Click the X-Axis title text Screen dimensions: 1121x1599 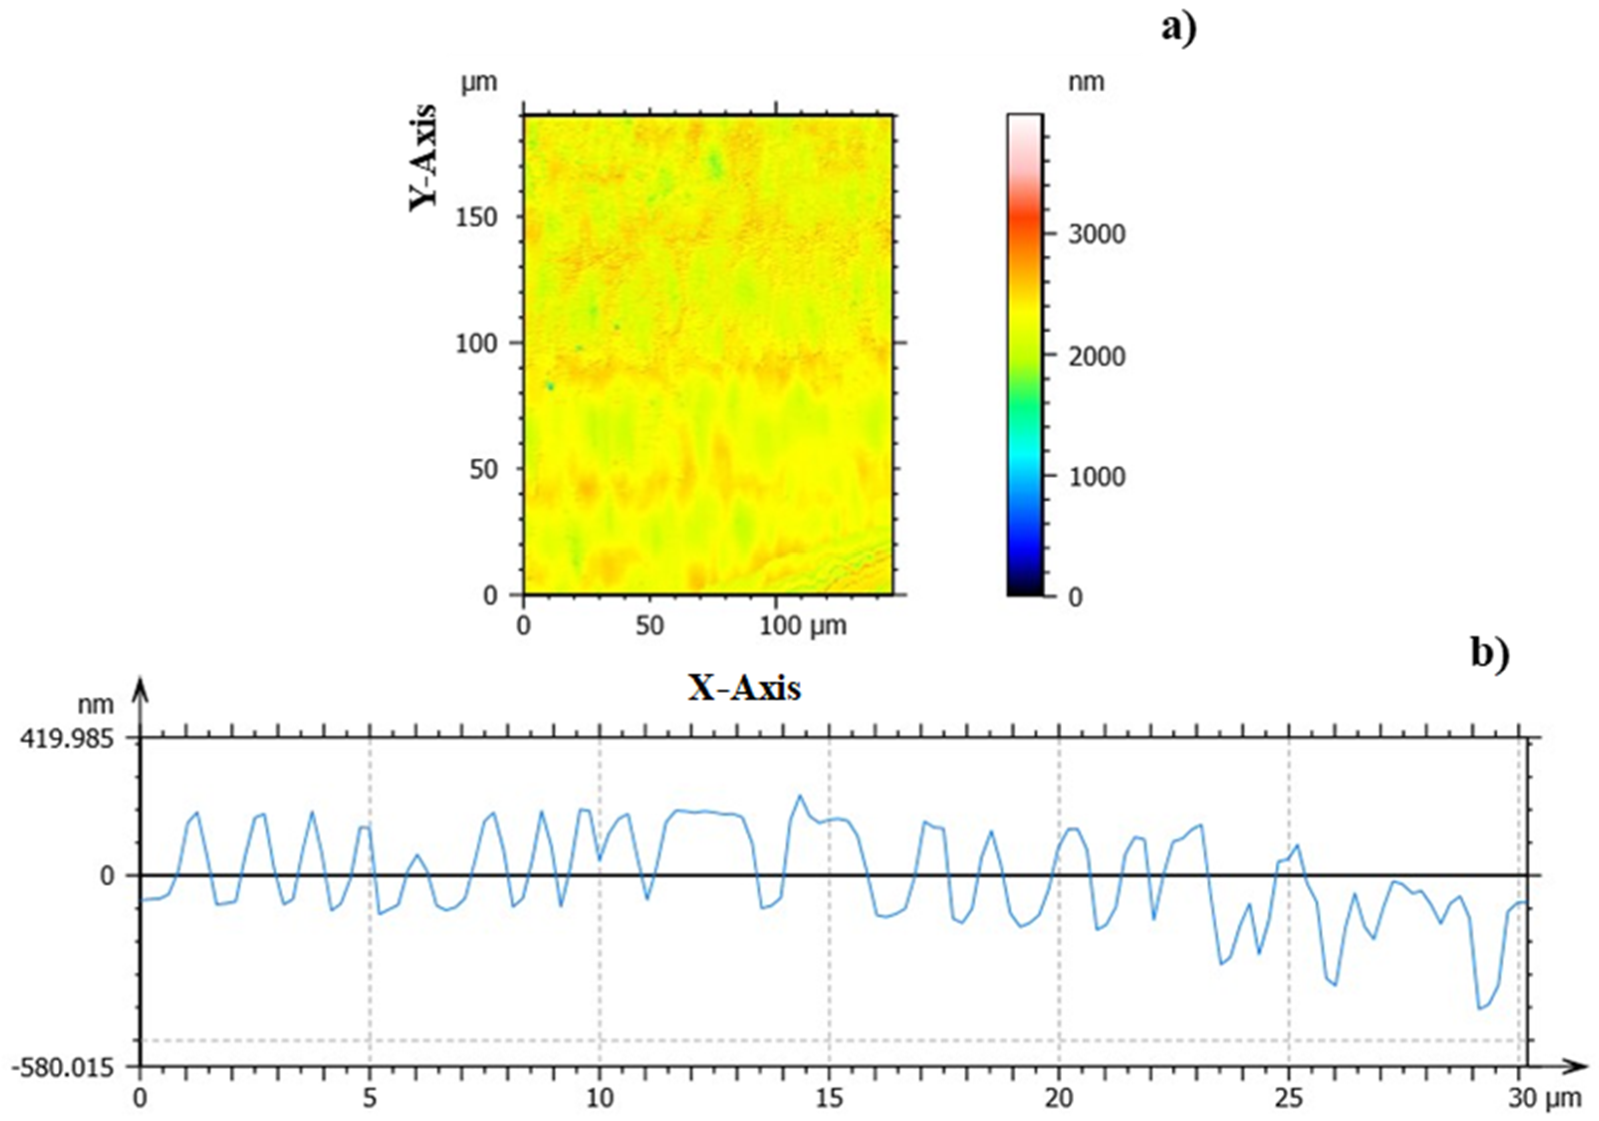(x=744, y=689)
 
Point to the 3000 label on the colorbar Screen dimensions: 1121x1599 (x=1097, y=235)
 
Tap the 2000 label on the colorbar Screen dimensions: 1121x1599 (x=1097, y=356)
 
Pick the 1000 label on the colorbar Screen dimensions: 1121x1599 (x=1097, y=477)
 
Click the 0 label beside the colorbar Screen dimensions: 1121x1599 (x=1075, y=598)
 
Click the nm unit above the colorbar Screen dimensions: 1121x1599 (x=1086, y=82)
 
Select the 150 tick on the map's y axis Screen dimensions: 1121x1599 (x=477, y=217)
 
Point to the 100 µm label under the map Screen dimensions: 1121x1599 (x=802, y=626)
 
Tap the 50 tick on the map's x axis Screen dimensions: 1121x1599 (x=649, y=626)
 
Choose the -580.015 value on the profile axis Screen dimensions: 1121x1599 (x=65, y=1067)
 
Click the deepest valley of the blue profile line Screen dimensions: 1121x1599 (x=1479, y=1008)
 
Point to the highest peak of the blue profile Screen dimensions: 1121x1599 (x=800, y=795)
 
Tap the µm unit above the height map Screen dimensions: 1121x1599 (x=479, y=82)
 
